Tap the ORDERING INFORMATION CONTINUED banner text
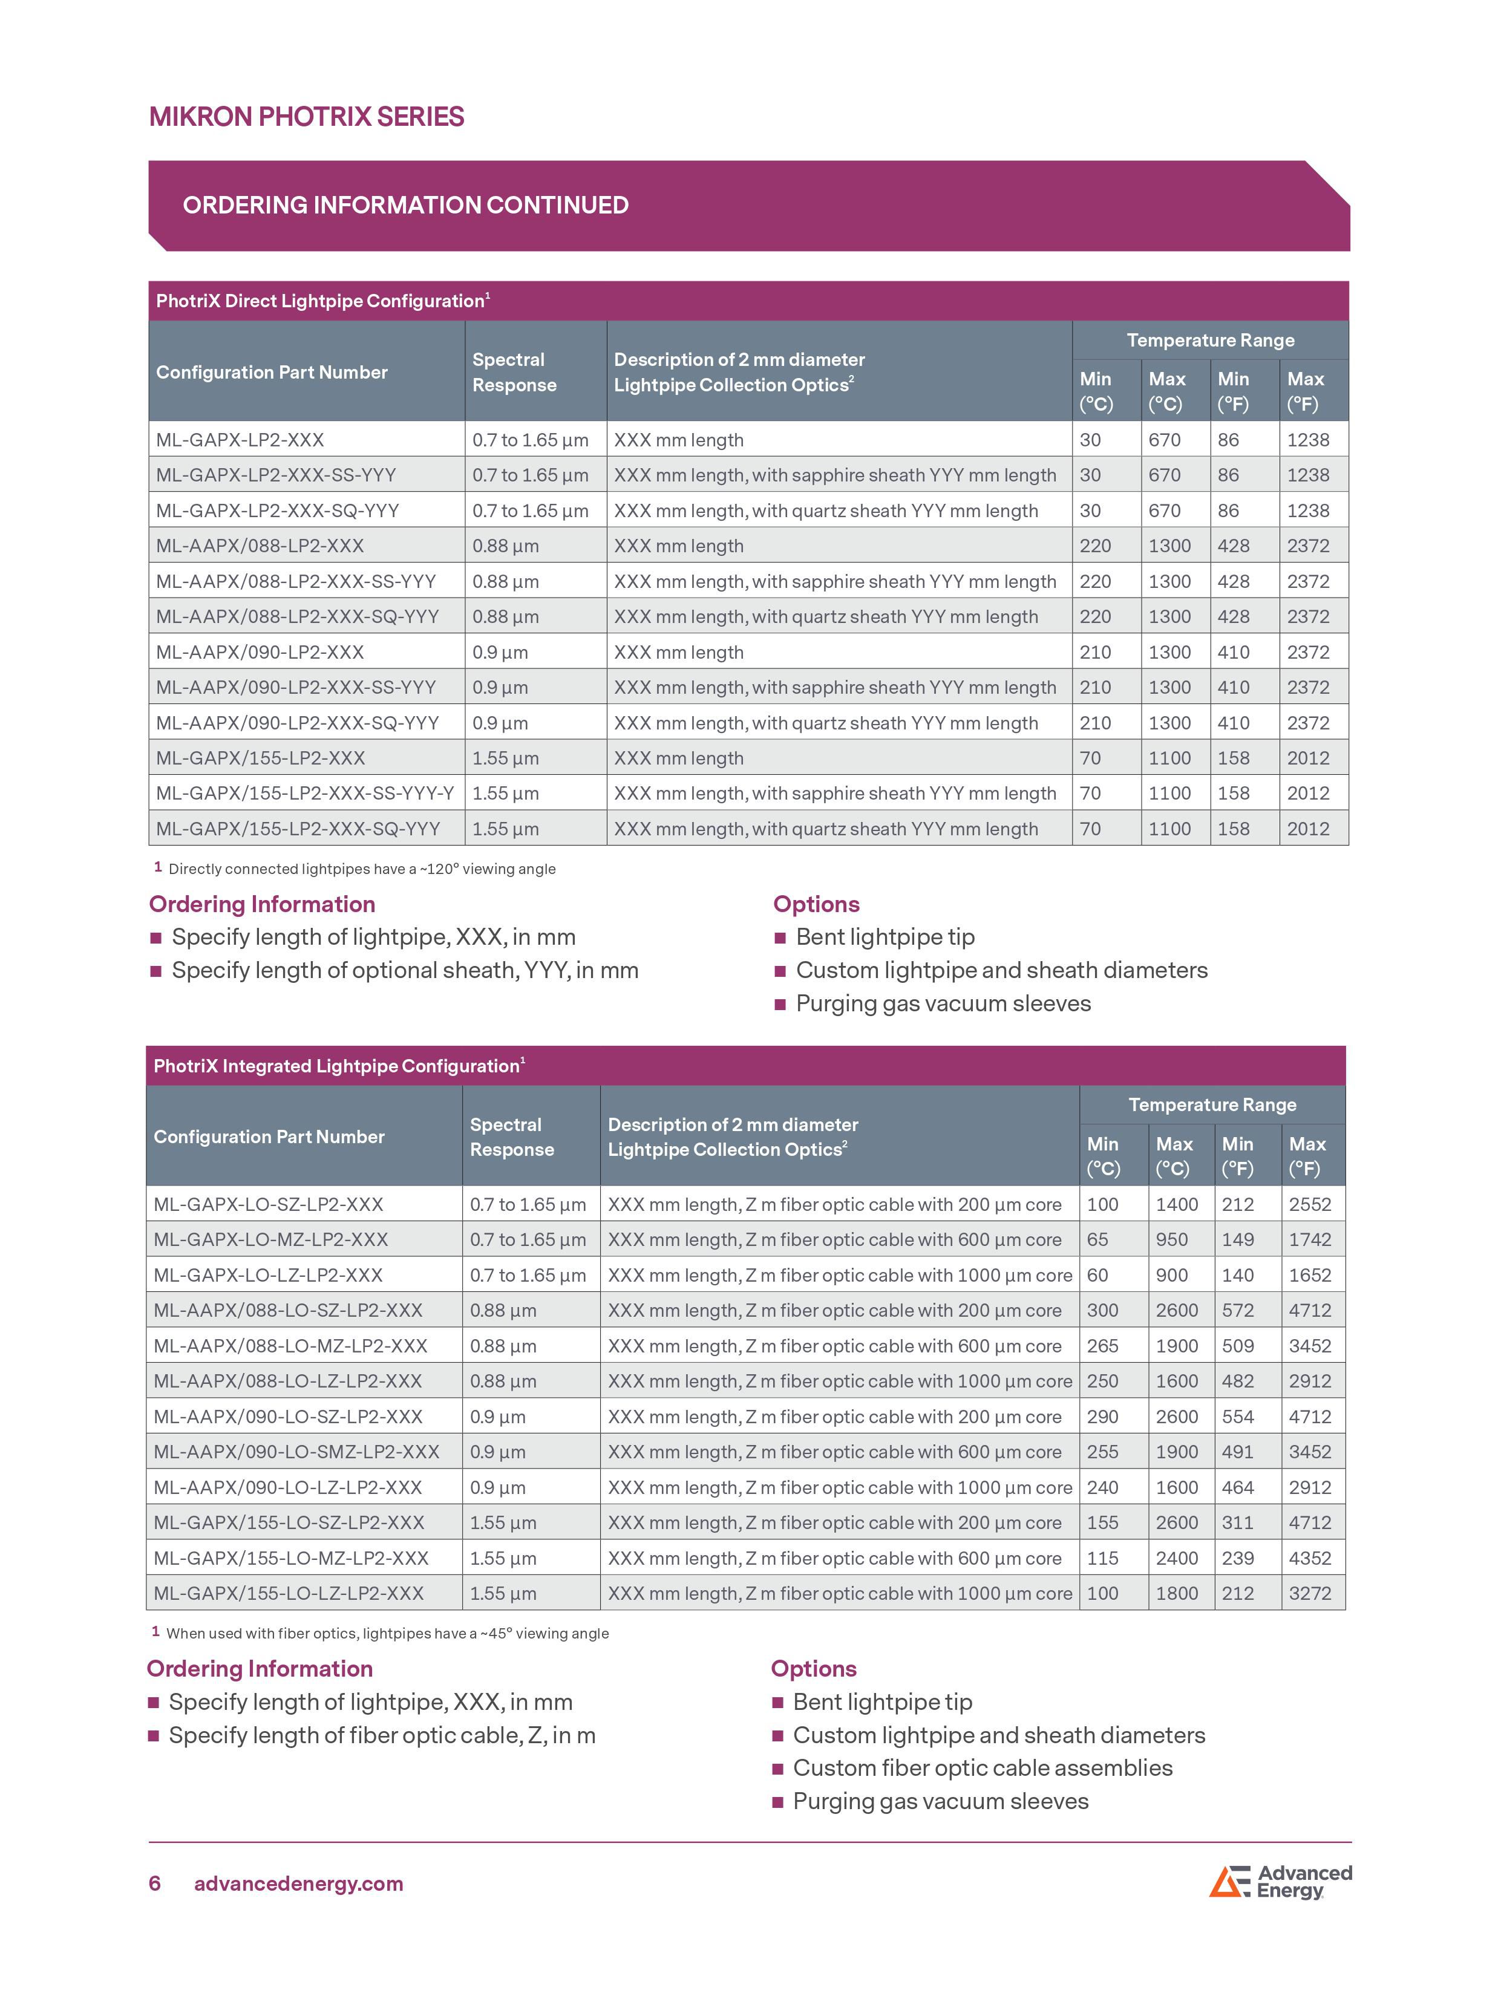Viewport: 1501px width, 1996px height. click(405, 206)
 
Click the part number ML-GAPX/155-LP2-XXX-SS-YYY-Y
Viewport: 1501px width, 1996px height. click(304, 793)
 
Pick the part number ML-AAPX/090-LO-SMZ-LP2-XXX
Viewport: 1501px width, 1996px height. click(296, 1452)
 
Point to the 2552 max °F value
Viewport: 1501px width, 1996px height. click(1310, 1205)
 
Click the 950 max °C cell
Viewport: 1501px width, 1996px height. click(1171, 1240)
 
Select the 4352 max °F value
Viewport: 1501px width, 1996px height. click(1310, 1558)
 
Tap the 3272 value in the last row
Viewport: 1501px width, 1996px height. click(1310, 1594)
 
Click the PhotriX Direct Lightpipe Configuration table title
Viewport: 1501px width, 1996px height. click(322, 301)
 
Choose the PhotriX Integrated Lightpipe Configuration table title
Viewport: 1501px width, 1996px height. click(338, 1066)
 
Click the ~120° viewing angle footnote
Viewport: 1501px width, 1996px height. click(361, 869)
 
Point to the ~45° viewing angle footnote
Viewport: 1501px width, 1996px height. click(387, 1633)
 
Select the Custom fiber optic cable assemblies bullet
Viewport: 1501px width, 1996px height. click(982, 1768)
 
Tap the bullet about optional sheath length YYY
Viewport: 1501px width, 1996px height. click(404, 971)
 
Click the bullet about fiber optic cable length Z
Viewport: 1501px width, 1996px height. click(382, 1735)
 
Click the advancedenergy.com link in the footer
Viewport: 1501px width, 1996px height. click(299, 1883)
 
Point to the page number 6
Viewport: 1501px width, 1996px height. click(154, 1883)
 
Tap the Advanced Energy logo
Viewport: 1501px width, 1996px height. click(1280, 1882)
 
